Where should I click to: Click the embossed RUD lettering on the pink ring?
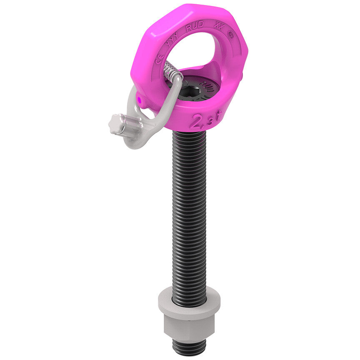pyautogui.click(x=195, y=26)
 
